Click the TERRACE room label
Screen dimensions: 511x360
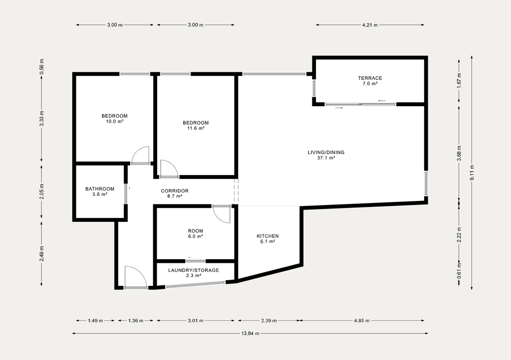point(370,78)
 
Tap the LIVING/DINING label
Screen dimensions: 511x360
point(326,153)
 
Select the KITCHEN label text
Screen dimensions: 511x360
point(267,236)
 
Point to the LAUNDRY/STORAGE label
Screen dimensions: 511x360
point(194,270)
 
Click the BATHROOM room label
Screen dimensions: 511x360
point(100,189)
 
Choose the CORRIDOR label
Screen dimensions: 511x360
point(175,191)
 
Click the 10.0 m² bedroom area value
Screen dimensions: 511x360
point(114,121)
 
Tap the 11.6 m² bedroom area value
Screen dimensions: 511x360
point(196,128)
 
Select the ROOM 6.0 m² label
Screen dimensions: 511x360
point(196,234)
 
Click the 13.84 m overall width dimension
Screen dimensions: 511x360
point(251,333)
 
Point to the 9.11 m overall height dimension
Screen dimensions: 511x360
point(472,173)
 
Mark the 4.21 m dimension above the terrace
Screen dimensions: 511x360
point(370,25)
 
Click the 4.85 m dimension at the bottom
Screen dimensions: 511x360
point(362,321)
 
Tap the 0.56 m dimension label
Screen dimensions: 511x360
point(41,66)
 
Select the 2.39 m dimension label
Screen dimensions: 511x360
point(269,321)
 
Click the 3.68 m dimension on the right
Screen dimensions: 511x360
point(459,154)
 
